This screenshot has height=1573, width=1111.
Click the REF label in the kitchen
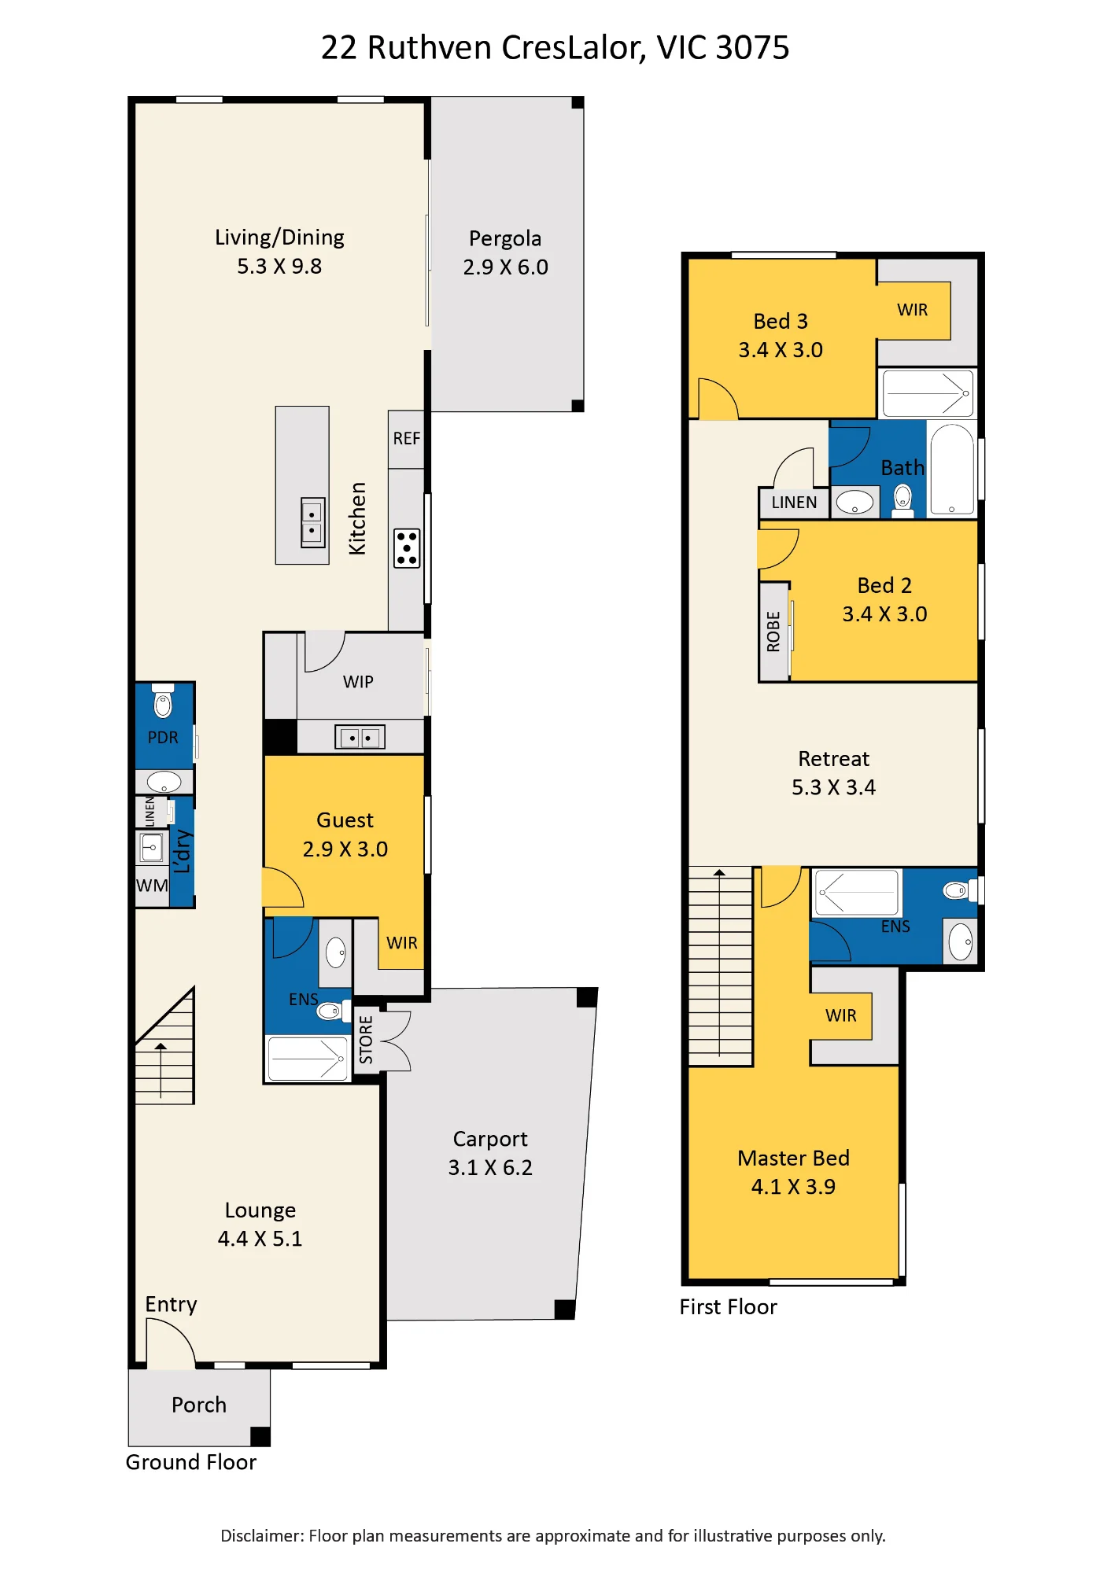pyautogui.click(x=407, y=439)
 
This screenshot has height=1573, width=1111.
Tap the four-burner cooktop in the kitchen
pyautogui.click(x=407, y=548)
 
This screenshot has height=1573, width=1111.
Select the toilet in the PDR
pyautogui.click(x=163, y=702)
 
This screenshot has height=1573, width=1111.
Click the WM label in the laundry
pyautogui.click(x=152, y=886)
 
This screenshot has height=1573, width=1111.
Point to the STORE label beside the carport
pyautogui.click(x=366, y=1040)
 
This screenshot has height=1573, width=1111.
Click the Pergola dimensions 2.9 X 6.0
pyautogui.click(x=505, y=267)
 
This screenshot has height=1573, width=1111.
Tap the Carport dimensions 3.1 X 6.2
pyautogui.click(x=490, y=1168)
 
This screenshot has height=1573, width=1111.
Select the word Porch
pyautogui.click(x=199, y=1405)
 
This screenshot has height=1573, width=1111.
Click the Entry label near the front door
pyautogui.click(x=171, y=1305)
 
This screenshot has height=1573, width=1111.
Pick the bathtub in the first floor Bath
pyautogui.click(x=952, y=470)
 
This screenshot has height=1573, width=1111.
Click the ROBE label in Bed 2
pyautogui.click(x=773, y=632)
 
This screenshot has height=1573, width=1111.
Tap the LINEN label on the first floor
pyautogui.click(x=794, y=503)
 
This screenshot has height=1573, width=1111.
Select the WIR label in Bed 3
pyautogui.click(x=913, y=310)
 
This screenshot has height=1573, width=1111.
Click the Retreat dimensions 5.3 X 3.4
pyautogui.click(x=833, y=787)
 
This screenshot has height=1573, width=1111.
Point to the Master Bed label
pyautogui.click(x=793, y=1158)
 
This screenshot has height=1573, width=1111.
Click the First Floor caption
pyautogui.click(x=728, y=1307)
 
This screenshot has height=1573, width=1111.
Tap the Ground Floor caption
pyautogui.click(x=191, y=1462)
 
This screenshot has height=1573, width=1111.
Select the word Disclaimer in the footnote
pyautogui.click(x=262, y=1536)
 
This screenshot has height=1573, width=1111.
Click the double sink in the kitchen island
pyautogui.click(x=313, y=522)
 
